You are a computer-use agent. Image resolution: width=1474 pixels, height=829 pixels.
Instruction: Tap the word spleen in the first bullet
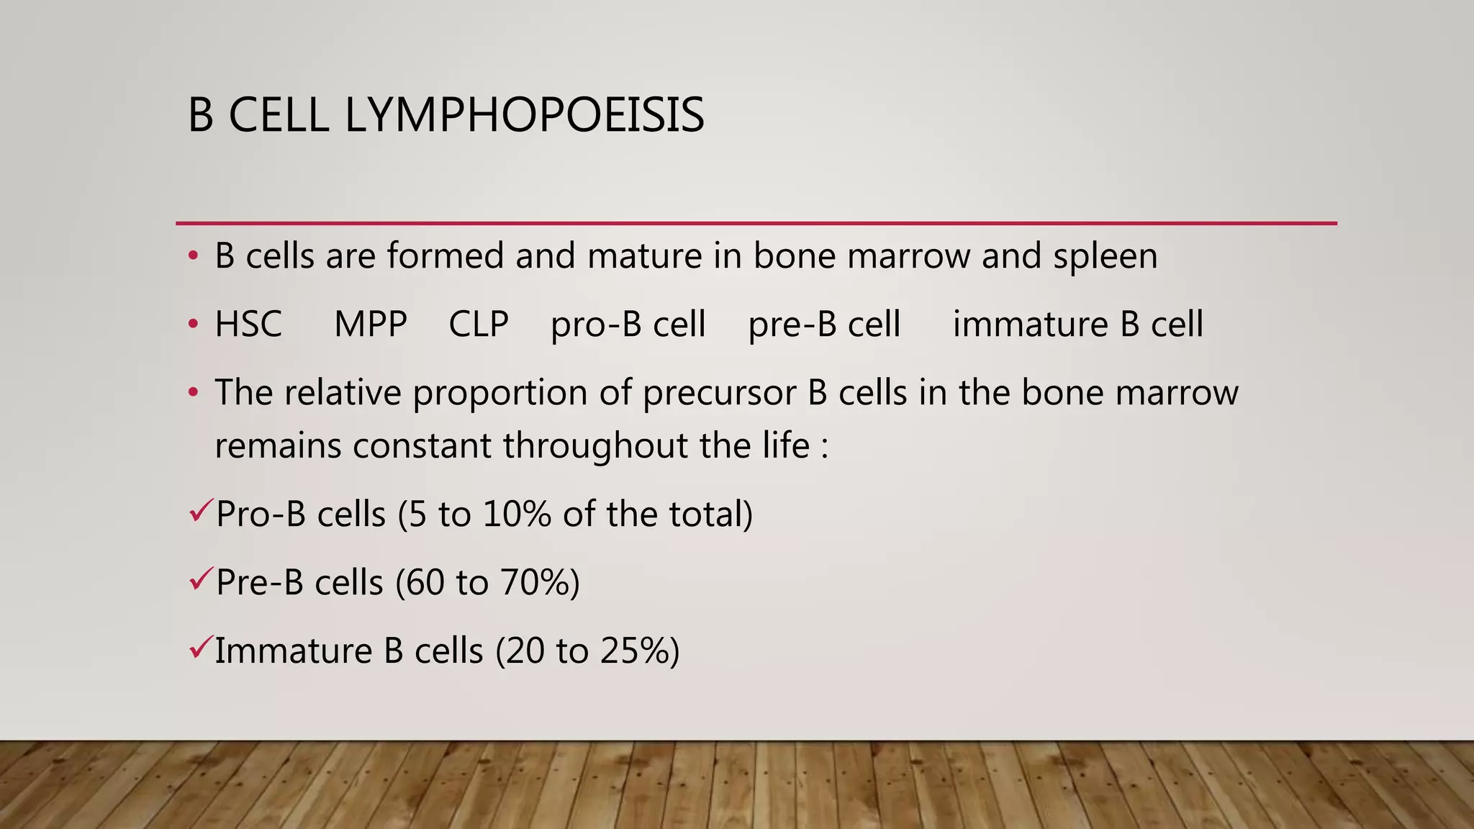[x=1105, y=256]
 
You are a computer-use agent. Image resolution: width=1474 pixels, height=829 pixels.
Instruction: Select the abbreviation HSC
[x=248, y=325]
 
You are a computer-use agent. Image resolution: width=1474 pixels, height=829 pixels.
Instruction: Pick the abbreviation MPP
[x=371, y=325]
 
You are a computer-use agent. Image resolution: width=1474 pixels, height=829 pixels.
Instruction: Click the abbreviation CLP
[x=479, y=325]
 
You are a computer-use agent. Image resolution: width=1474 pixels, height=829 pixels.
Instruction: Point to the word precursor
[x=720, y=394]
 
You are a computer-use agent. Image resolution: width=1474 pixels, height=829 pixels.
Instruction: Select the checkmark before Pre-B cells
[x=199, y=579]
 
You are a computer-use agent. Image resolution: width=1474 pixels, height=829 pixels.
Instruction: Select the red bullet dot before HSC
[x=193, y=325]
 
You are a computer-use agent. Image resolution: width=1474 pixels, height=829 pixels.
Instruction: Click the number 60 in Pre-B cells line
[x=425, y=583]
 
